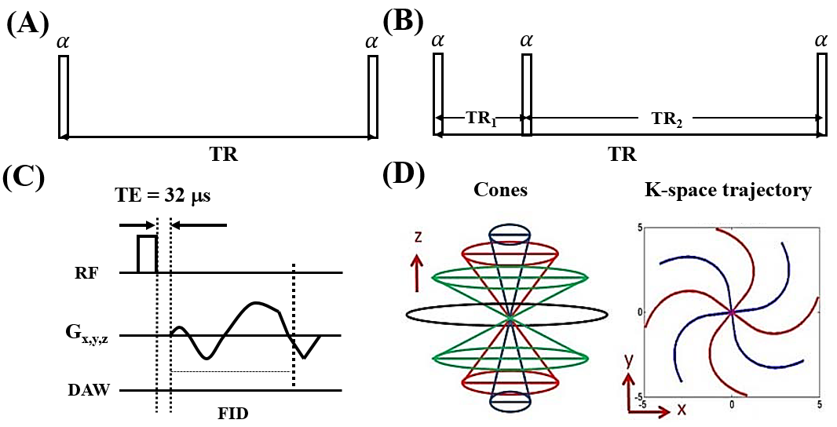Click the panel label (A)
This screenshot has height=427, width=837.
click(27, 25)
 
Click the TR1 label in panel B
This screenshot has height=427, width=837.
click(482, 119)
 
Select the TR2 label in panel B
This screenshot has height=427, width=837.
click(667, 119)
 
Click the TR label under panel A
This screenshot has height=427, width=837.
click(224, 155)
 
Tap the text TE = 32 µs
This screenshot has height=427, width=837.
click(163, 196)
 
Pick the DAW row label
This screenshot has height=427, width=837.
click(89, 389)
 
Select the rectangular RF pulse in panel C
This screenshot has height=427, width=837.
click(148, 254)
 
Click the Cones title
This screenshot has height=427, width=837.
click(501, 189)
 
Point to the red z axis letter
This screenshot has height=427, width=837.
click(418, 236)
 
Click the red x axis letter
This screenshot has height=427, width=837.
click(682, 410)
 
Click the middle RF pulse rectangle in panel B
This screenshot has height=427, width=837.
click(526, 94)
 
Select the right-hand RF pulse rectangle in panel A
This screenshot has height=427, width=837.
click(373, 97)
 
